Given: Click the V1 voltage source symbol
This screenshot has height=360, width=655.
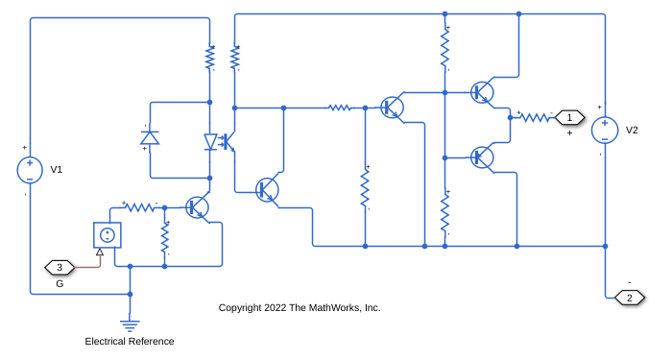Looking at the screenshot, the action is point(30,170).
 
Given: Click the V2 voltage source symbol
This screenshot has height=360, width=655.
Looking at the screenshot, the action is point(604,130).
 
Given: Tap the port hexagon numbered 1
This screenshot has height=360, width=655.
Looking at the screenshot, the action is point(569,118).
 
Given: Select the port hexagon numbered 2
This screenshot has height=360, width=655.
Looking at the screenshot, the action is point(630,298).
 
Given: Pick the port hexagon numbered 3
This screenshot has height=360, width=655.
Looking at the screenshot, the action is point(59,267).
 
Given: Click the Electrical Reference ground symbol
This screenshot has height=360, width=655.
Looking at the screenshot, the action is point(130,325).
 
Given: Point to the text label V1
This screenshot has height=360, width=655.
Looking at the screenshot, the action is point(56,170).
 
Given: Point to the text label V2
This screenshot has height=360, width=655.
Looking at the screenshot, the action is point(632,130).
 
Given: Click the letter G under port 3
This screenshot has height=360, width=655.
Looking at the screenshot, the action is point(60,284).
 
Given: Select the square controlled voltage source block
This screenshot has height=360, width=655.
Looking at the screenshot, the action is point(107,235).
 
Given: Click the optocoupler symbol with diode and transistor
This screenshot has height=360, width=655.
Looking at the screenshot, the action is point(220,142).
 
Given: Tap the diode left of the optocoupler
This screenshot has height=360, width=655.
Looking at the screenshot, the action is point(150,137).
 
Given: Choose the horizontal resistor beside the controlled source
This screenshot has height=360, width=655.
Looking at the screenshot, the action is point(140,207).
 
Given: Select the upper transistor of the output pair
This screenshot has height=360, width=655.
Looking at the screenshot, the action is point(482,92).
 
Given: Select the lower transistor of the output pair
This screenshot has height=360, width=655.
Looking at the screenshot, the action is point(482,158).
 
